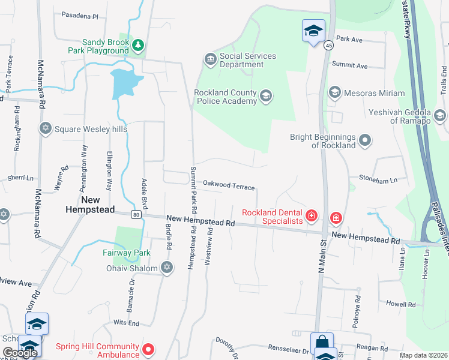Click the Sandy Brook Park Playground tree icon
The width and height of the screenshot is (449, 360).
139,44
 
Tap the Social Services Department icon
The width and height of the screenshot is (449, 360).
210,59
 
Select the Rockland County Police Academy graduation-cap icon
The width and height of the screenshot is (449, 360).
265,95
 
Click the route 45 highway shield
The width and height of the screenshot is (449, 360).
328,45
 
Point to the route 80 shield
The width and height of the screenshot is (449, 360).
137,214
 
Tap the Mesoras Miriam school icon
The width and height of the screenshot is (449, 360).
334,93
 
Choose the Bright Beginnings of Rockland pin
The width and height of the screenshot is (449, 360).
365,141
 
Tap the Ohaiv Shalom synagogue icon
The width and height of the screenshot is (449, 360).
166,268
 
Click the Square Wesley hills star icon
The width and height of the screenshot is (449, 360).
45,128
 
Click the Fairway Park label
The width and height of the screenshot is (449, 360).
126,253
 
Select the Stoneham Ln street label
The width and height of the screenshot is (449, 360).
378,179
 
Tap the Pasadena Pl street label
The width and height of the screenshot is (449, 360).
79,17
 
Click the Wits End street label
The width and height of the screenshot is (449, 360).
126,323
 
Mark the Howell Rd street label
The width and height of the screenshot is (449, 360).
400,304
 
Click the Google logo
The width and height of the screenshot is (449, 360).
20,353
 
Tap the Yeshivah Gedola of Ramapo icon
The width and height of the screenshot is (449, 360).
439,115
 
